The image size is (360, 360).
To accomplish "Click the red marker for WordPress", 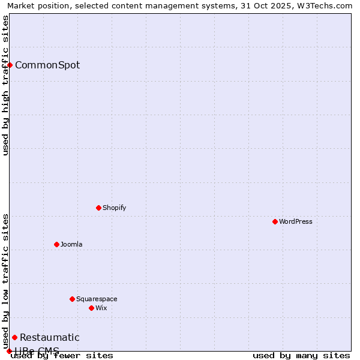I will click(x=275, y=221).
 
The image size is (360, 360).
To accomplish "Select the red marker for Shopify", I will click(x=98, y=208).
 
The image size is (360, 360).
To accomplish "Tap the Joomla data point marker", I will click(x=56, y=244).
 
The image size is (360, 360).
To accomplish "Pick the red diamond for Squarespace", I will click(x=72, y=299).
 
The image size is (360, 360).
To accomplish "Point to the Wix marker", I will click(x=91, y=308).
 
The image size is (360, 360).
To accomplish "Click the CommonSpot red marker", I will click(x=10, y=65).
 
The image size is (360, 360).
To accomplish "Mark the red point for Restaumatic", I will click(x=14, y=337).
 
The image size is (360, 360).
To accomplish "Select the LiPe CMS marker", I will click(x=9, y=351).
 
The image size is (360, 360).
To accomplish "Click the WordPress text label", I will click(x=296, y=221).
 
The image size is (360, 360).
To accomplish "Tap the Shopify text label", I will click(x=114, y=208).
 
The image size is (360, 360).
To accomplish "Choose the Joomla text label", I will click(x=71, y=244).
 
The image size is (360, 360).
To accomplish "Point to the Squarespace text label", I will click(x=97, y=299).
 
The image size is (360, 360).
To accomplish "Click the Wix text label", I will click(x=101, y=308).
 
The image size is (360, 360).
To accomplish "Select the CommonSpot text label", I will click(x=47, y=65).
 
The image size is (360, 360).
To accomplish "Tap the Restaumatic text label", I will click(x=49, y=337).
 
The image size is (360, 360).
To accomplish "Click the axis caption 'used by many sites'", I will click(x=301, y=355).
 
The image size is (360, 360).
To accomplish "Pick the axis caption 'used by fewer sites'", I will click(x=62, y=355).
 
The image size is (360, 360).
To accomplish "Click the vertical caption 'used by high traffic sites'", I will click(x=5, y=85).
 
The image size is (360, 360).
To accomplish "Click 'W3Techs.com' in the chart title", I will click(x=327, y=5).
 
